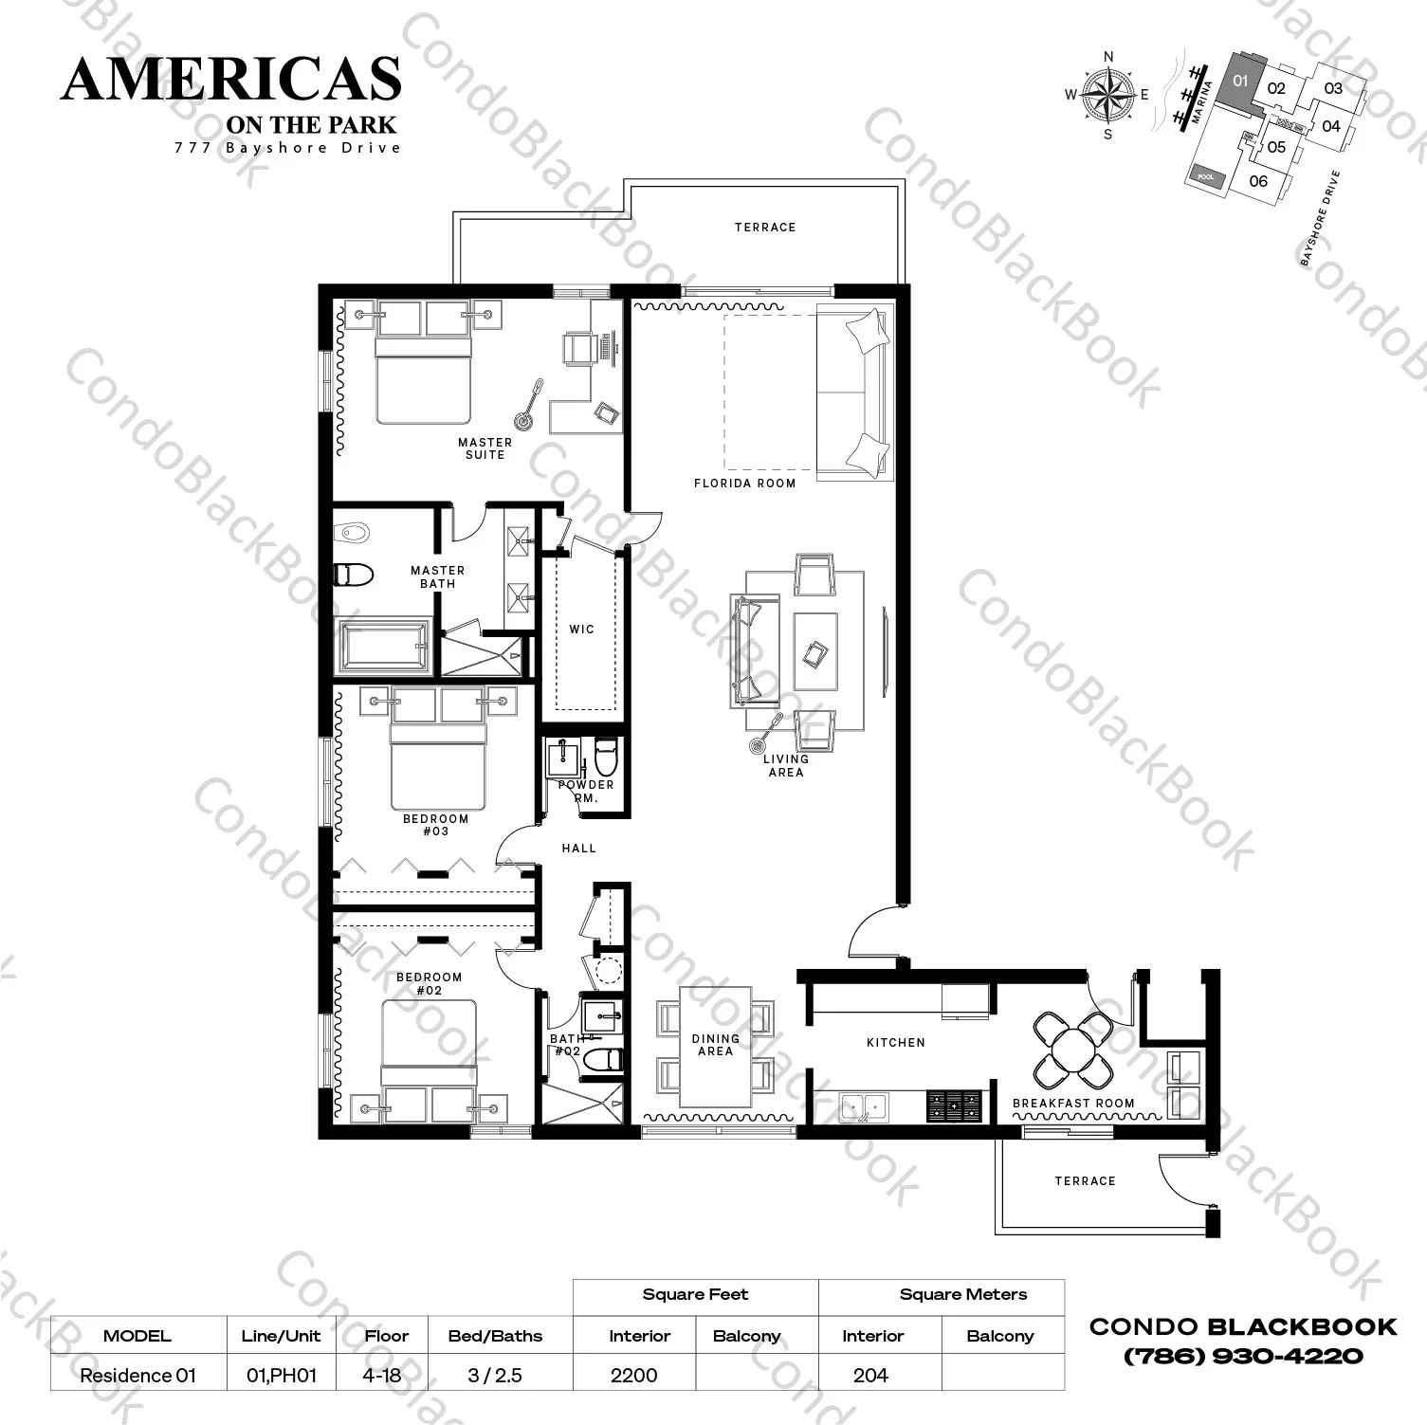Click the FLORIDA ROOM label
click(x=744, y=484)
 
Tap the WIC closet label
click(x=581, y=629)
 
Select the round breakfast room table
click(x=1072, y=1050)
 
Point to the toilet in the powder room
click(x=605, y=758)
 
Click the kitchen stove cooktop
click(x=954, y=1104)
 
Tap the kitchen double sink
click(x=863, y=1105)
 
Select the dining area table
click(x=715, y=1046)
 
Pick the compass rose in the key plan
click(x=1108, y=95)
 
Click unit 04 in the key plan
click(x=1330, y=126)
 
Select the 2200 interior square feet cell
click(x=633, y=1375)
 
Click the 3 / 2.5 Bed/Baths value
click(x=495, y=1375)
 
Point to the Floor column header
click(x=386, y=1336)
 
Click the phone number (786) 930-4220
click(x=1243, y=1357)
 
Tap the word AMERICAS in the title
click(x=231, y=79)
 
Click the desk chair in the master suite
click(x=578, y=348)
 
